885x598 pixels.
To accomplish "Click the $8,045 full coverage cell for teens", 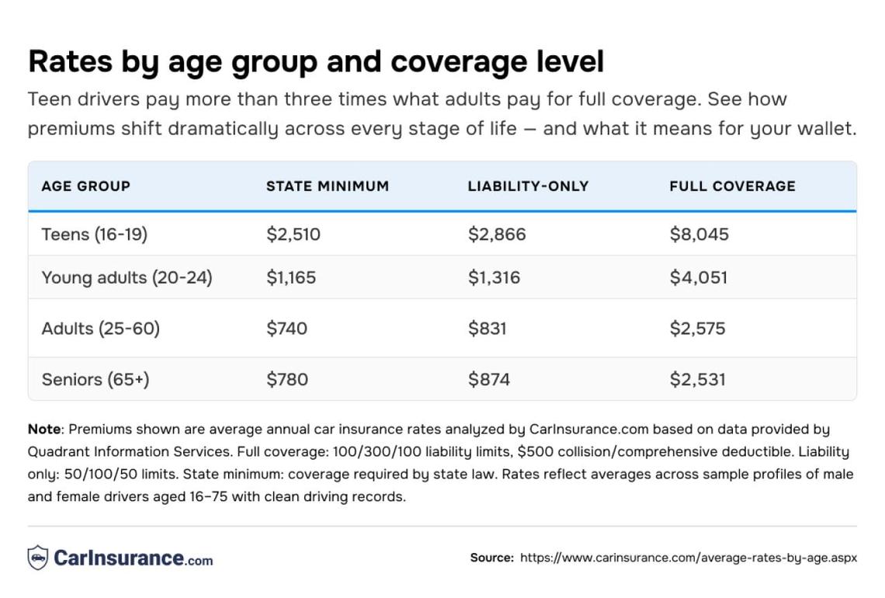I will tap(699, 235).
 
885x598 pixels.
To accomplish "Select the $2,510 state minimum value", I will tap(293, 235).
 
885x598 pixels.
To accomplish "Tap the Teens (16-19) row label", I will tap(94, 235).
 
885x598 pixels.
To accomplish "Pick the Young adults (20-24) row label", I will tap(127, 277).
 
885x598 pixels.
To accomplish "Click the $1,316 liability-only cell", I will tap(494, 277).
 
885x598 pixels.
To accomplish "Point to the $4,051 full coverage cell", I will tap(698, 277).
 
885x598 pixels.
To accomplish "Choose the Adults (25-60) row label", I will tap(100, 329).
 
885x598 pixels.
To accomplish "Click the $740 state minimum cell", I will tap(286, 329).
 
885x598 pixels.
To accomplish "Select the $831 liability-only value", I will tap(487, 329).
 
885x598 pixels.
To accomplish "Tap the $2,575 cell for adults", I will tap(697, 329).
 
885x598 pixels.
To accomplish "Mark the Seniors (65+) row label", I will tap(95, 380).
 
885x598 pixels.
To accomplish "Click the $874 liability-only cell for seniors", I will tap(488, 380).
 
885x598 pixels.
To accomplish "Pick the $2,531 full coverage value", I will tap(697, 380).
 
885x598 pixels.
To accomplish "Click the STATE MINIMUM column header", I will tap(327, 186).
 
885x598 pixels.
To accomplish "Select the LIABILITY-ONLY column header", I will tap(528, 186).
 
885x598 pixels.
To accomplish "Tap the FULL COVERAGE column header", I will tap(732, 186).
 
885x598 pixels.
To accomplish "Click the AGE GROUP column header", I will tap(85, 186).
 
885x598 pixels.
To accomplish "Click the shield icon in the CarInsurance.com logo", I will tap(38, 558).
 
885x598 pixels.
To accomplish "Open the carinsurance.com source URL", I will tap(688, 558).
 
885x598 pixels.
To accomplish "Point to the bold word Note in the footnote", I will tap(43, 429).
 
